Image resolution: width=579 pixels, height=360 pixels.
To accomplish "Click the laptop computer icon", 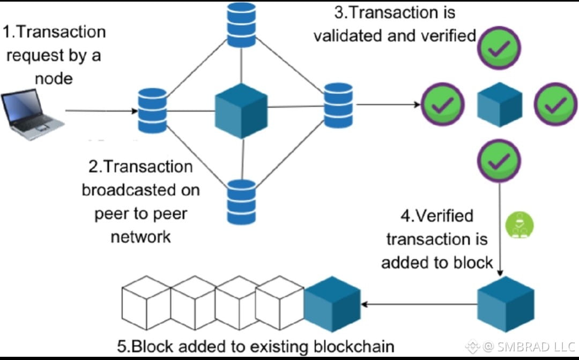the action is [33, 114].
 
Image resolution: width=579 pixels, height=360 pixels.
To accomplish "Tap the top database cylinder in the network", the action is [241, 25].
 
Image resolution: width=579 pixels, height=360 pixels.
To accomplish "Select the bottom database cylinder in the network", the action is [241, 202].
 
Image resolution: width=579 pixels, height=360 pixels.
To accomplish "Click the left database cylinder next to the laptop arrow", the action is [152, 110].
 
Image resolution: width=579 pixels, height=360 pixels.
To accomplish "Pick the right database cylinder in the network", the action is [338, 105].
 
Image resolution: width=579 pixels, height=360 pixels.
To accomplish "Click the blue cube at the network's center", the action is [241, 111].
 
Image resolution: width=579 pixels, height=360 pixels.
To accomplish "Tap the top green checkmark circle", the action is [499, 48].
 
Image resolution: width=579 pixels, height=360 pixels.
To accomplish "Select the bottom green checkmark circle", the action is [499, 161].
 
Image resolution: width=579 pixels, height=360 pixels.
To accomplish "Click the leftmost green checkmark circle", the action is [443, 104].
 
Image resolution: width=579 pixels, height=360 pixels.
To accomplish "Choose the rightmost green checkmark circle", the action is [556, 104].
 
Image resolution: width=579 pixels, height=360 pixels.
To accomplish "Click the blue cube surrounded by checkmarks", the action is [500, 105].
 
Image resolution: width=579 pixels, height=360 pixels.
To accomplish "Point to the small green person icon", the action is [519, 224].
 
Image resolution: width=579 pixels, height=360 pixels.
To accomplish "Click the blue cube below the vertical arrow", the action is [506, 304].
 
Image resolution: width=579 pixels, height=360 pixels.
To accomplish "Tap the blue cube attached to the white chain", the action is [332, 304].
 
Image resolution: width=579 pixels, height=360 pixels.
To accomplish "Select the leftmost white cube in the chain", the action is [146, 303].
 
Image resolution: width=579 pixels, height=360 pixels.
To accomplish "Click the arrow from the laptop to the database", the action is [101, 111].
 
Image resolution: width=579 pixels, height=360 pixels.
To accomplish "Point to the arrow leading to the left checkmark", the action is [389, 105].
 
